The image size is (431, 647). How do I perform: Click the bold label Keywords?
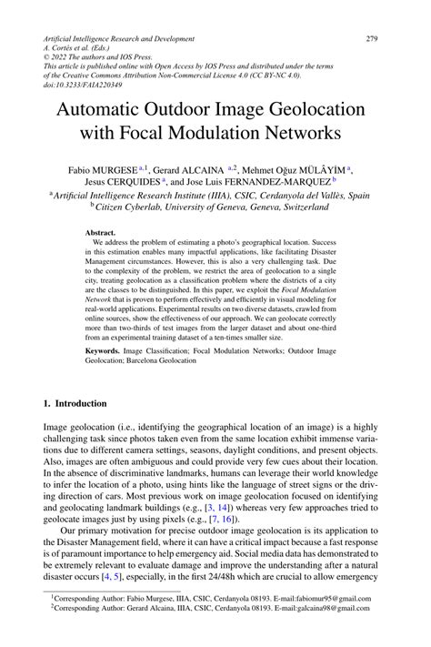[105, 350]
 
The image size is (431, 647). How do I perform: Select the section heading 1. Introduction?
[75, 403]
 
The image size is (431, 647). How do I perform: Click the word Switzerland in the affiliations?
[297, 207]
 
